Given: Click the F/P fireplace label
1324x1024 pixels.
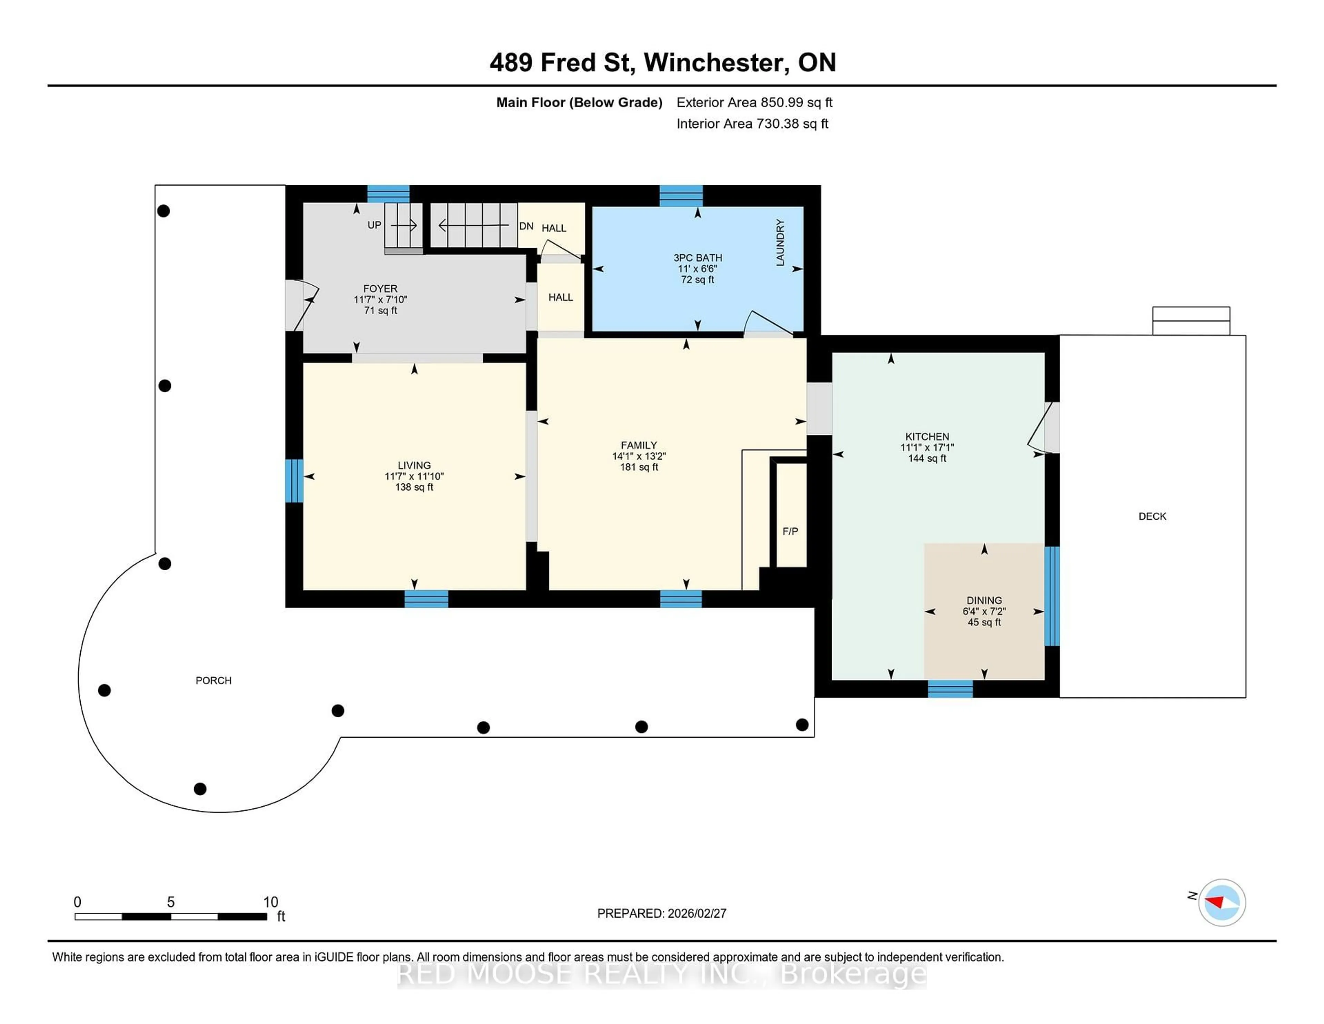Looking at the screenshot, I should pos(790,531).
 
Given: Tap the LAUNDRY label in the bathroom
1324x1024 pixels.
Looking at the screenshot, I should pos(780,243).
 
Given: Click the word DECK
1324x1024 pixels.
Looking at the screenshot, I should pos(1152,516).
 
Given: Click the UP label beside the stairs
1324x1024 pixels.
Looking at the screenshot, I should pos(374,225).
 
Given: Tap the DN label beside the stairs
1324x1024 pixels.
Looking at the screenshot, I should pos(525,226).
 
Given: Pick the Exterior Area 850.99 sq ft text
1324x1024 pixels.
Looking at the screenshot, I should pos(754,102).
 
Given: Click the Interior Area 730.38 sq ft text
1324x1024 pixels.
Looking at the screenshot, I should pos(752,124).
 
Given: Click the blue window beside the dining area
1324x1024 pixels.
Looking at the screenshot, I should pos(1052,596).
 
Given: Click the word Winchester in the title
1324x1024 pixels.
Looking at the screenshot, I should pos(716,62).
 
